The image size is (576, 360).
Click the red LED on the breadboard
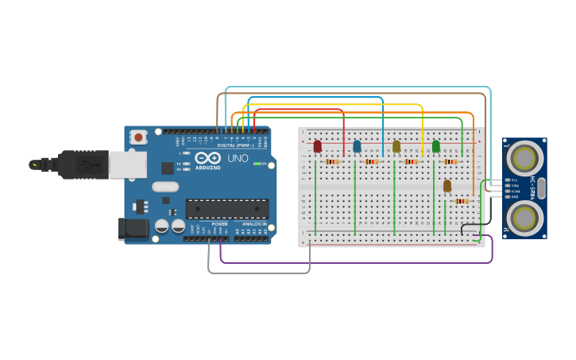tap(318, 146)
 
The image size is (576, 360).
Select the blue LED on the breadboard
tap(357, 146)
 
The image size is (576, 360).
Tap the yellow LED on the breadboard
tap(396, 146)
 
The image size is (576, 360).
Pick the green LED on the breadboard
tap(436, 146)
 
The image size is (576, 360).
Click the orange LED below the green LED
tap(447, 186)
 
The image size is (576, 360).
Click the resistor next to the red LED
tap(332, 161)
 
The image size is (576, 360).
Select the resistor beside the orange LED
tap(462, 201)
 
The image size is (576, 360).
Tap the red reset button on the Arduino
tap(139, 137)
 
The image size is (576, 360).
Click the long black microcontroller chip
tap(226, 208)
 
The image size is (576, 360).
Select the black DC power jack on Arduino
tap(132, 229)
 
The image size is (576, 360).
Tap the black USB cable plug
tap(83, 165)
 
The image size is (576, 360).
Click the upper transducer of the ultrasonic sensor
tap(524, 158)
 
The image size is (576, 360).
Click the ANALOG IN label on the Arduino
tap(254, 224)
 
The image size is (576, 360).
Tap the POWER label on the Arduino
tap(220, 224)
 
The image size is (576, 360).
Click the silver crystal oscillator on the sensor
tap(542, 188)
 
